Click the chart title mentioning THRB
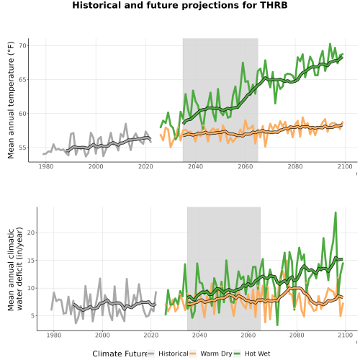pyautogui.click(x=180, y=5)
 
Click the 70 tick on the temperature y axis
pyautogui.click(x=22, y=45)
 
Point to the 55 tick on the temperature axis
pyautogui.click(x=22, y=148)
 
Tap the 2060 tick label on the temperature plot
pyautogui.click(x=246, y=166)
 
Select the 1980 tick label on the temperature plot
pyautogui.click(x=46, y=166)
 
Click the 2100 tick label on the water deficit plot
pyautogui.click(x=345, y=335)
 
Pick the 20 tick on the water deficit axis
pyautogui.click(x=31, y=233)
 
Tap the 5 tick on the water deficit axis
pyautogui.click(x=33, y=316)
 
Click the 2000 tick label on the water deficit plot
pyautogui.click(x=102, y=335)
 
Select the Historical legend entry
pyautogui.click(x=168, y=354)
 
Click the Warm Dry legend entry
pyautogui.click(x=211, y=354)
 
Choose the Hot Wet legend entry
pyautogui.click(x=252, y=354)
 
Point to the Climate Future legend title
pyautogui.click(x=120, y=354)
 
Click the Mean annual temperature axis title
pyautogui.click(x=11, y=100)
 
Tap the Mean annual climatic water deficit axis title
pyautogui.click(x=15, y=269)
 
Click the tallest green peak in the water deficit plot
pyautogui.click(x=336, y=212)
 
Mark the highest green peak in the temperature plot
pyautogui.click(x=330, y=44)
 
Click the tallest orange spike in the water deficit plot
pyautogui.click(x=287, y=261)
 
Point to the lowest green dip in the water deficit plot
pyautogui.click(x=277, y=325)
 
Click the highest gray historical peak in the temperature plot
pyautogui.click(x=125, y=124)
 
